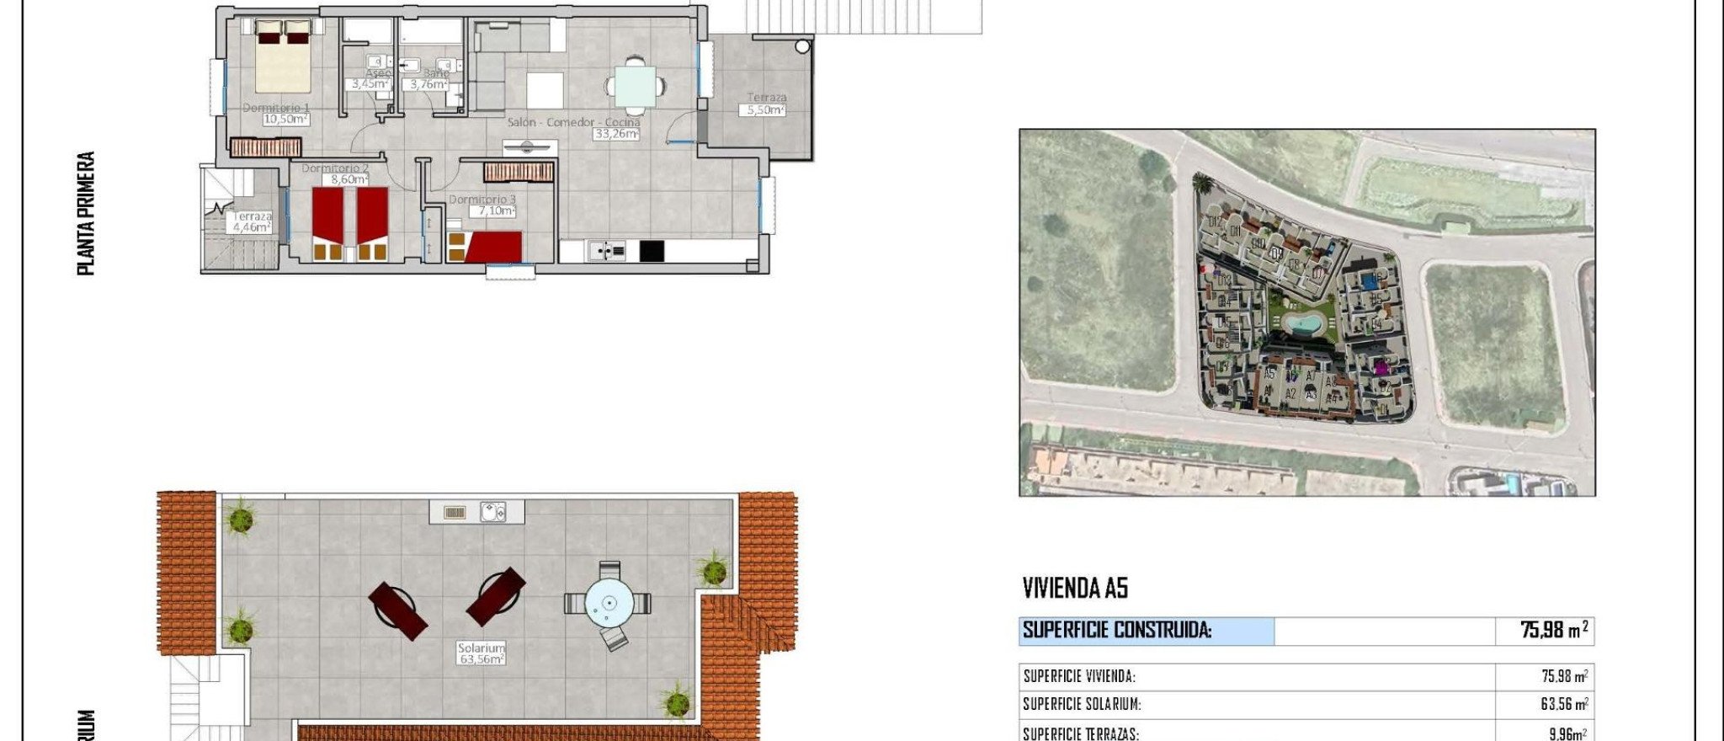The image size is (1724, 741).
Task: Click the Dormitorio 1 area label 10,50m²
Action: pos(285,120)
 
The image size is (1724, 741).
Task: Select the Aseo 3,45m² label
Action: pos(370,83)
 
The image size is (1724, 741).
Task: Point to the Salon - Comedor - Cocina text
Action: pos(573,123)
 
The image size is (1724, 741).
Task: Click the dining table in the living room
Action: pos(636,85)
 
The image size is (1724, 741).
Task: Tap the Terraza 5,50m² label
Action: pos(763,110)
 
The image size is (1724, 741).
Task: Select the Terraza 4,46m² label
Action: pos(252,227)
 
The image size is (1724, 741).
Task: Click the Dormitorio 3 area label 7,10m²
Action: pos(497,211)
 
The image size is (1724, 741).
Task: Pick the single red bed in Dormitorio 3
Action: pos(493,248)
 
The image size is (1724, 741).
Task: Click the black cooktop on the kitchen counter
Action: pos(652,251)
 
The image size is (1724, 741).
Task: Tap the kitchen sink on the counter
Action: pos(606,251)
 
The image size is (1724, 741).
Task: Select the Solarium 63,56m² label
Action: pos(482,659)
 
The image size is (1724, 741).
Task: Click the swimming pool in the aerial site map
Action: pos(1303,322)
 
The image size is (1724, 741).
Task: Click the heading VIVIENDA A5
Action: pos(1075,588)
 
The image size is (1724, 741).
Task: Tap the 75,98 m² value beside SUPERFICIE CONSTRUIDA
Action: pos(1554,630)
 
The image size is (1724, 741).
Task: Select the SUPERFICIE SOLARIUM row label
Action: pos(1082,705)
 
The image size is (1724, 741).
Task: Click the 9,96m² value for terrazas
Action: pos(1567,733)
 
